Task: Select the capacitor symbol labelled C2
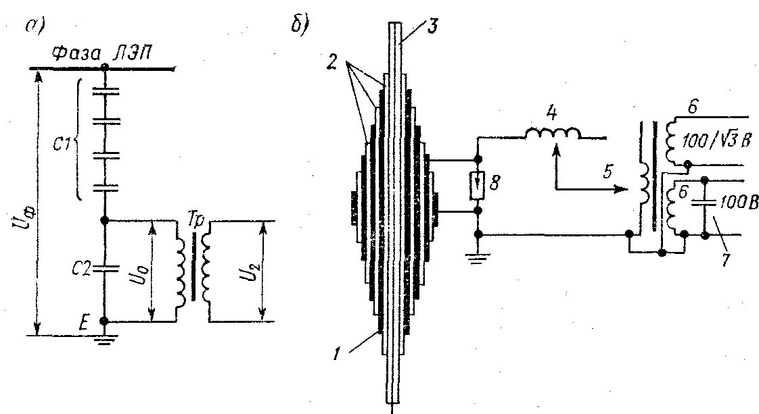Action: pyautogui.click(x=104, y=268)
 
